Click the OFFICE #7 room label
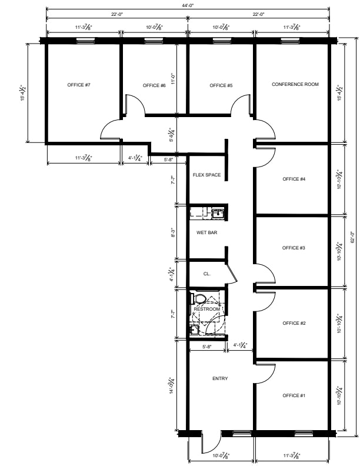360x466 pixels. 79,85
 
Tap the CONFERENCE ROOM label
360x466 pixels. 295,84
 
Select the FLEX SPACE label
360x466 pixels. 206,175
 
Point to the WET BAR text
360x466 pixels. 206,232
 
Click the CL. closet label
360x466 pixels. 206,274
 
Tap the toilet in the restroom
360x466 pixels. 198,298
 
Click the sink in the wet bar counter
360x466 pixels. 218,213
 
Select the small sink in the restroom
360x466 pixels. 194,329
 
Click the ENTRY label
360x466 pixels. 220,378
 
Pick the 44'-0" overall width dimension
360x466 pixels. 188,5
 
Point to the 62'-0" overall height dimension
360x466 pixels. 352,237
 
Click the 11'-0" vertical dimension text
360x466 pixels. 173,79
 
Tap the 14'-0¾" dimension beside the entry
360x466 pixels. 172,385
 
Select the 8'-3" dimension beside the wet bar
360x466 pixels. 173,232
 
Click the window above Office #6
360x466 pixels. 154,41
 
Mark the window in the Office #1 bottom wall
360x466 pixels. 305,433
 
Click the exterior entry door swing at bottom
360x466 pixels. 211,445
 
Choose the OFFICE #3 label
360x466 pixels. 294,248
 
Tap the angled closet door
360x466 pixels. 232,272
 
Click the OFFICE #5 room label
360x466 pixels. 221,85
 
